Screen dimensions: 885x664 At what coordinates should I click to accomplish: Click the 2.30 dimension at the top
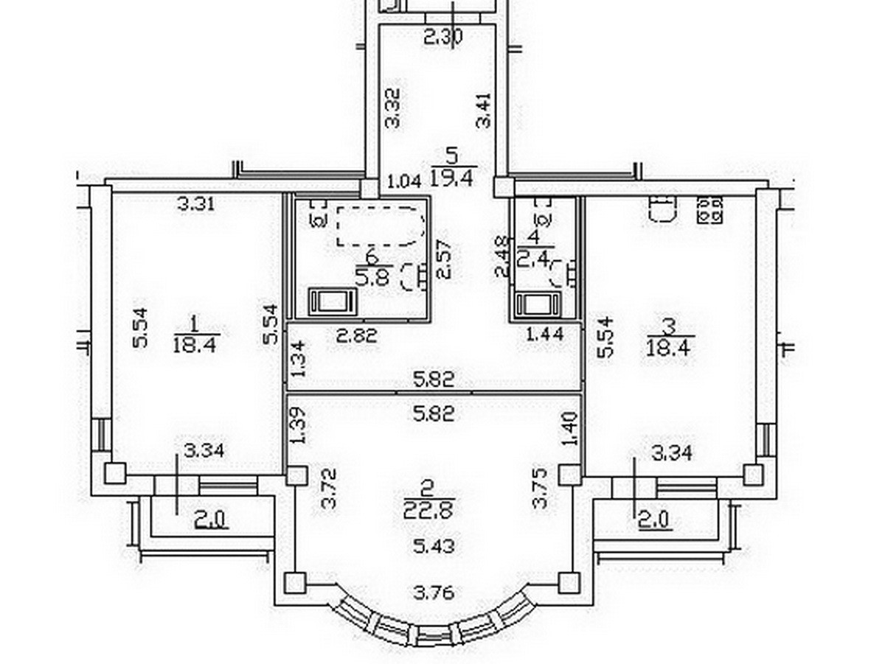443,36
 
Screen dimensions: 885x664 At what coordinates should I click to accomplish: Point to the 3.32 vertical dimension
395,108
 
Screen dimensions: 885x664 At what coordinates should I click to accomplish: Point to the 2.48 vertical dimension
502,256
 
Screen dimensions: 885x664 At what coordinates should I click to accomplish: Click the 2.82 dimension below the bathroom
357,336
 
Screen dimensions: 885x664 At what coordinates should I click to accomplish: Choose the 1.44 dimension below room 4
544,335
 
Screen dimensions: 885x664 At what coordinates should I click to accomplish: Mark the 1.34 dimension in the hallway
297,359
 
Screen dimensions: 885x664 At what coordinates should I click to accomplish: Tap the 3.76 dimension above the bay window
433,592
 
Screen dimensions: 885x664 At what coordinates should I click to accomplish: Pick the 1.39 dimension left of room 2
297,426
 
